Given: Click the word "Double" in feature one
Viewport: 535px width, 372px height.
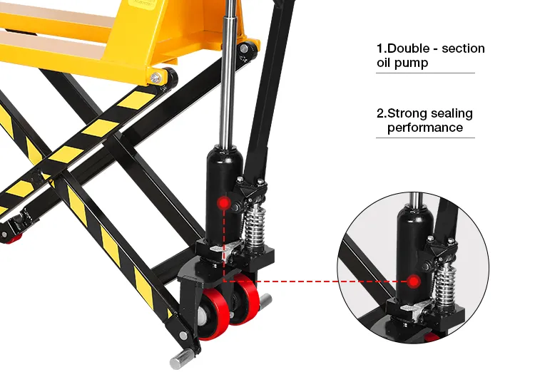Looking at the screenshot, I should click(407, 48).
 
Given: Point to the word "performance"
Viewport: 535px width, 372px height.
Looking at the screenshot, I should click(425, 128).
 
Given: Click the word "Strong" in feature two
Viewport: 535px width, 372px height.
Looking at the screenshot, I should click(407, 113).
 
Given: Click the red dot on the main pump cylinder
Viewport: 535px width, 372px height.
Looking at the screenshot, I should click(224, 204).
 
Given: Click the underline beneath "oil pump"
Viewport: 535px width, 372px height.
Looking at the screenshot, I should click(425, 73).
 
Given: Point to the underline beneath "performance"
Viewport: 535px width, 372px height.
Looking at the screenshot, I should click(425, 138).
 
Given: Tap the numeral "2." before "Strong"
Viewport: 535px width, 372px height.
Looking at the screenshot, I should click(382, 113).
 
